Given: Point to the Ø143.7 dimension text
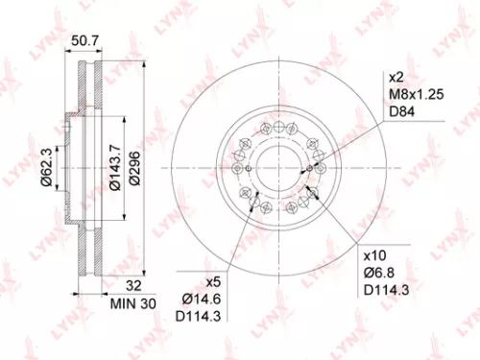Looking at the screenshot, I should click(x=114, y=170).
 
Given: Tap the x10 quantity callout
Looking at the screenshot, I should click(x=373, y=257).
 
